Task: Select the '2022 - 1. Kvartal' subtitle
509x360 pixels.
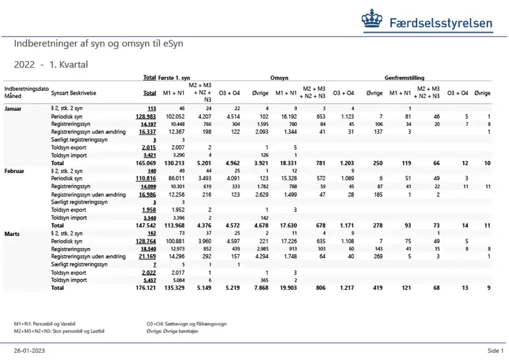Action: (51, 65)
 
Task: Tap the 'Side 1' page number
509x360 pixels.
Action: (496, 350)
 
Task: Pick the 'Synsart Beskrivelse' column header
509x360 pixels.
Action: (73, 93)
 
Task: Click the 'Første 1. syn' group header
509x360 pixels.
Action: (175, 78)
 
